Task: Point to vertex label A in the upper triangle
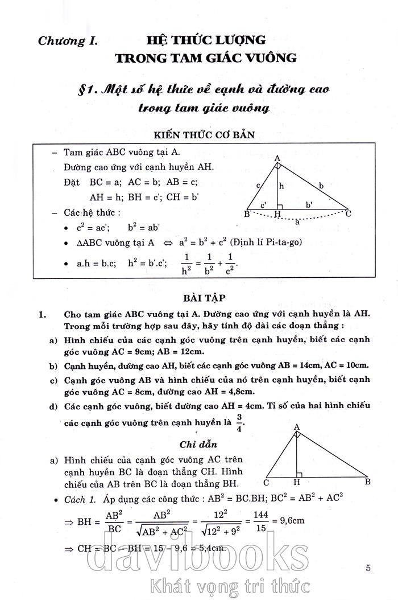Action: (x=277, y=158)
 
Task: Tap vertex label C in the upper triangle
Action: (x=349, y=213)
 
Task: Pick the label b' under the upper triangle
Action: (x=309, y=204)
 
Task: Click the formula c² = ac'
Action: (x=93, y=227)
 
